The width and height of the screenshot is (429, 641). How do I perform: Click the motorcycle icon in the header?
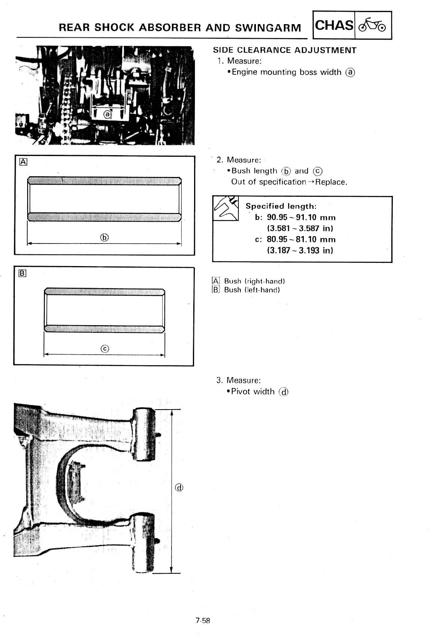pos(373,26)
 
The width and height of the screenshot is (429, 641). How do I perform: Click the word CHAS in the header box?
pos(334,26)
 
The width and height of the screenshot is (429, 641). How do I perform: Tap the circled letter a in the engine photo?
pos(107,114)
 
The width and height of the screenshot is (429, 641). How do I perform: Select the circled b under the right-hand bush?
pos(104,237)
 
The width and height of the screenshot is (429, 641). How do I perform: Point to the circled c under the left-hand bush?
pos(104,349)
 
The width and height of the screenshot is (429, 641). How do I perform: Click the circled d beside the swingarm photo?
pos(179,487)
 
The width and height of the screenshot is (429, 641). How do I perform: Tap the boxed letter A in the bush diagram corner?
pos(23,162)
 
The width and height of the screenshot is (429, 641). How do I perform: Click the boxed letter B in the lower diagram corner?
pos(22,273)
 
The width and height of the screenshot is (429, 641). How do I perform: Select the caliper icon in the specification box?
pos(226,208)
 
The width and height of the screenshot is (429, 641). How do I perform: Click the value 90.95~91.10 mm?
pos(301,217)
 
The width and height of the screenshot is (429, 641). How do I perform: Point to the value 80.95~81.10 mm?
pos(301,240)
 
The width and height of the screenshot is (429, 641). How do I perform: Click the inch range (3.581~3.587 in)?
pos(300,228)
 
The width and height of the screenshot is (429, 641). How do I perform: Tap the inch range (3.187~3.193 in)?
pos(300,250)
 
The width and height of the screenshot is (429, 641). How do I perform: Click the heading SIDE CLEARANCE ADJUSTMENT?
pos(285,50)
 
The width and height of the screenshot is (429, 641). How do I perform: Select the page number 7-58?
pos(203,621)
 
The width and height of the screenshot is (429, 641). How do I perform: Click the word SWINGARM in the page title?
pos(268,28)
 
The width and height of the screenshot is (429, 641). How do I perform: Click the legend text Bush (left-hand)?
pos(252,290)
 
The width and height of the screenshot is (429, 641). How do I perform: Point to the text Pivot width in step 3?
pos(253,392)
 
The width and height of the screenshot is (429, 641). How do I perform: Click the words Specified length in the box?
pos(281,206)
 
